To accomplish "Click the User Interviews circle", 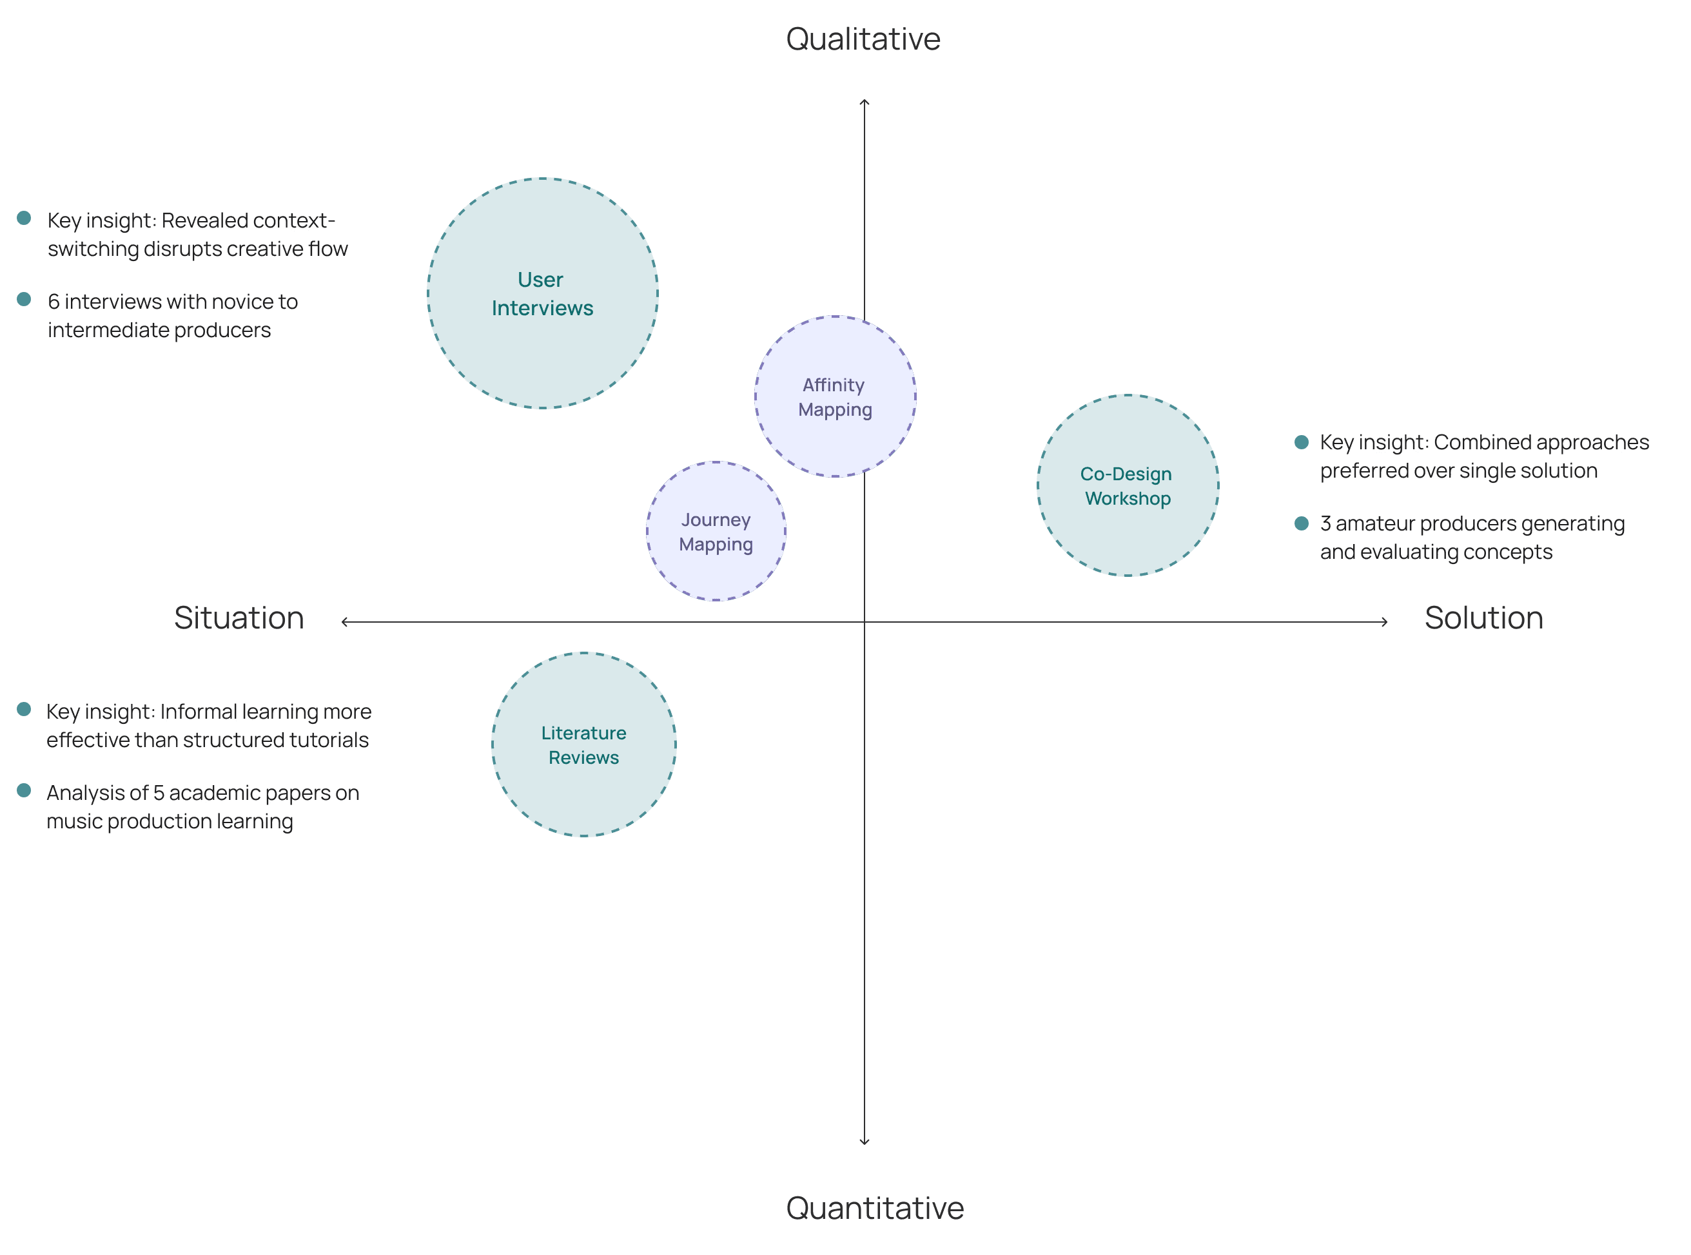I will coord(542,293).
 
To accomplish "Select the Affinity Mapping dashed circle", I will coord(835,396).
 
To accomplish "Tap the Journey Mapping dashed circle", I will coord(716,531).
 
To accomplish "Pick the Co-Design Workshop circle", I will coord(1128,485).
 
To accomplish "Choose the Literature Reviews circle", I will coord(583,744).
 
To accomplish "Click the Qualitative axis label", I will coord(863,39).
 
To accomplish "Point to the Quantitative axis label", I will coord(874,1208).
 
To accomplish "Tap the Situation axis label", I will coord(239,618).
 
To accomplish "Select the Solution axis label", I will coord(1483,618).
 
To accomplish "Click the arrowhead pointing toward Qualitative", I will coord(864,102).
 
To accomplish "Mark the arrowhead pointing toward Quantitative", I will coord(864,1141).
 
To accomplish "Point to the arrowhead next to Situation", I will coord(345,621).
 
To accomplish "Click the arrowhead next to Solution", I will coord(1385,621).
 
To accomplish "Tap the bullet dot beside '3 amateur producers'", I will coord(1302,523).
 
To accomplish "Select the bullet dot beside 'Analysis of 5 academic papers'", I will coord(24,791).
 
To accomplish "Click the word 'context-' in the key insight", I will coord(293,220).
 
